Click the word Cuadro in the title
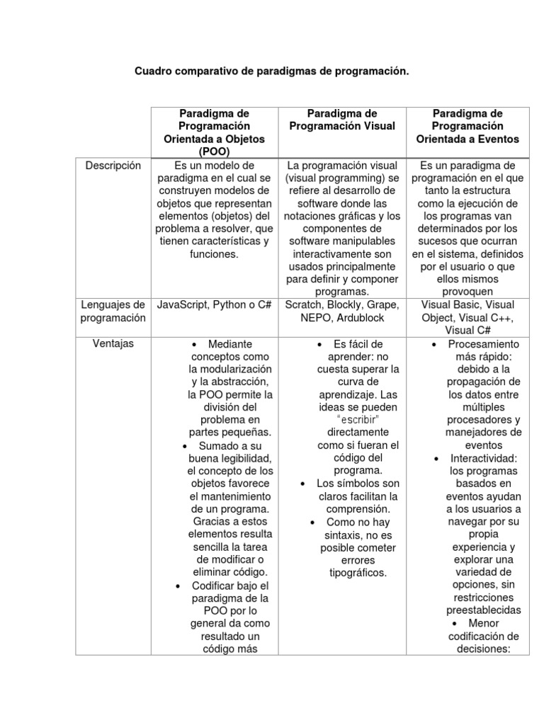(x=152, y=72)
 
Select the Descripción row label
(x=113, y=166)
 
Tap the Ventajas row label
(x=113, y=343)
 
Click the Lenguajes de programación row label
(x=113, y=311)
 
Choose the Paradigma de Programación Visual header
(x=342, y=120)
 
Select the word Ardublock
(x=361, y=317)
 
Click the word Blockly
(x=344, y=304)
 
